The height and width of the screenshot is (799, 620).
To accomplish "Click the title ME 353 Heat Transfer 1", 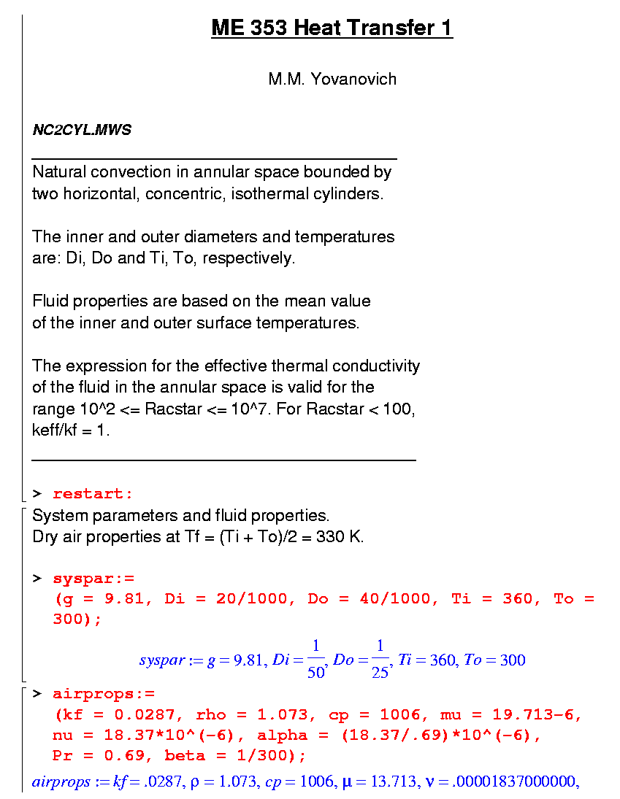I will [332, 28].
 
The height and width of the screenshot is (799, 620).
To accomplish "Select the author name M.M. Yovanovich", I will [332, 79].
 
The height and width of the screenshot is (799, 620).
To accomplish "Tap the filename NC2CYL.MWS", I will [82, 131].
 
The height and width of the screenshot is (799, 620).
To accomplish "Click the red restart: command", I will [93, 494].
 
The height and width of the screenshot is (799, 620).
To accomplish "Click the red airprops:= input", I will [104, 694].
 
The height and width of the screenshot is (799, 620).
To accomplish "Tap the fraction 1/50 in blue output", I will [315, 659].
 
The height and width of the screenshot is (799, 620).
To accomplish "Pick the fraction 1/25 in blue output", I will [380, 659].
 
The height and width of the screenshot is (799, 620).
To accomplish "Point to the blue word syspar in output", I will [161, 660].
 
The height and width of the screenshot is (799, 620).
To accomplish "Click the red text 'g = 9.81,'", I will [107, 599].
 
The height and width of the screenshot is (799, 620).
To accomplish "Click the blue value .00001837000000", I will [524, 783].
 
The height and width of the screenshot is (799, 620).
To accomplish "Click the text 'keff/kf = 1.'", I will [71, 431].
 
